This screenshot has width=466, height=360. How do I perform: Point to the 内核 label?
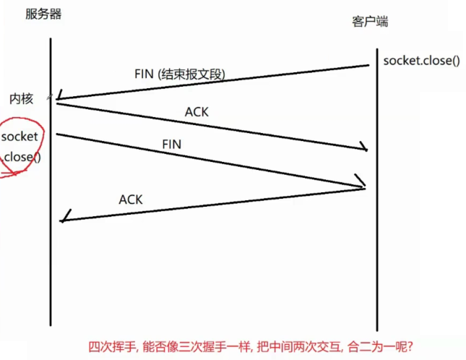[x=21, y=99]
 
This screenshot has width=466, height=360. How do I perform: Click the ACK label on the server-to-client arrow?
[x=197, y=112]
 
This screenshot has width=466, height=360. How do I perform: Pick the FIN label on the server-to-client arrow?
[x=171, y=144]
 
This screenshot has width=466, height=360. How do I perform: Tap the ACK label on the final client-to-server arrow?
[x=131, y=199]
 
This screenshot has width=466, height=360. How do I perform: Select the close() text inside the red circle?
[x=22, y=156]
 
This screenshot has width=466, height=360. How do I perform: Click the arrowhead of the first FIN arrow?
[x=59, y=97]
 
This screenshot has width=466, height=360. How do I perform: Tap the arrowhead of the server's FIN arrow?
[x=363, y=184]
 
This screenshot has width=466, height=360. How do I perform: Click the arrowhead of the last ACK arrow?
[x=64, y=218]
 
